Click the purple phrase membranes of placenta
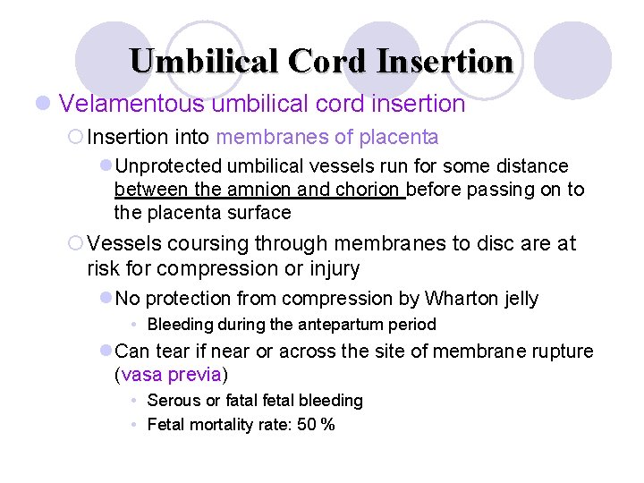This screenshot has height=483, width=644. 327,137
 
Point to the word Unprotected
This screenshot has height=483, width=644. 168,166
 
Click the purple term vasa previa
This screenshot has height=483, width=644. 171,374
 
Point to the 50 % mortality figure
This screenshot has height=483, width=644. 316,424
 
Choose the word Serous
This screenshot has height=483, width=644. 173,401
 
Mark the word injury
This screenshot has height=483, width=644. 332,268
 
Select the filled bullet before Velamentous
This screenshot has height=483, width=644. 41,105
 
